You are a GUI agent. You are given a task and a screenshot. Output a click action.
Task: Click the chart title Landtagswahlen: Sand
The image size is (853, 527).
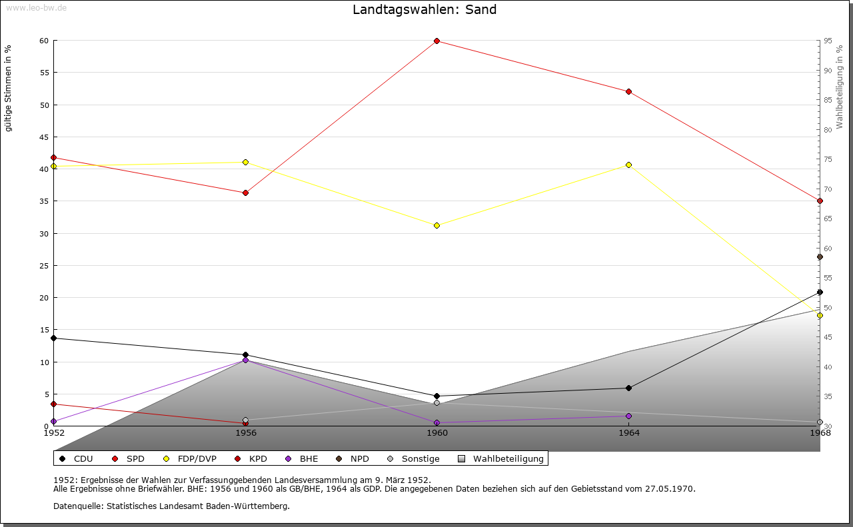tap(425, 9)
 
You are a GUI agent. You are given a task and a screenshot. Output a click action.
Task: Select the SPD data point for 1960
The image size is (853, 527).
tap(436, 41)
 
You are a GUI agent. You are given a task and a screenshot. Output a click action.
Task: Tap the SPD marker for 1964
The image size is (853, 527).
tap(628, 91)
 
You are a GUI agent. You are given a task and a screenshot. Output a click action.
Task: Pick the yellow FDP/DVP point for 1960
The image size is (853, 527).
tap(436, 225)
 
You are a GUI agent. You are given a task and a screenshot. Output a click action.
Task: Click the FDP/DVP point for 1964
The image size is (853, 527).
tap(628, 165)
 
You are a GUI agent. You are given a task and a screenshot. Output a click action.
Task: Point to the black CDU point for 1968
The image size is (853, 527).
tap(820, 292)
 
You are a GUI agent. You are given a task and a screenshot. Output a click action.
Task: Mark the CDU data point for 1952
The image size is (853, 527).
tap(53, 338)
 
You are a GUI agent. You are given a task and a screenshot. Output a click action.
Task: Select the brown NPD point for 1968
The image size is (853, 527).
tap(820, 257)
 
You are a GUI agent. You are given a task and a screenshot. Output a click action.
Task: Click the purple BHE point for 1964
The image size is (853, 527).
tap(628, 416)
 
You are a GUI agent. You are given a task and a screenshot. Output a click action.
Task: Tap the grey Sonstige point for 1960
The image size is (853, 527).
tap(436, 402)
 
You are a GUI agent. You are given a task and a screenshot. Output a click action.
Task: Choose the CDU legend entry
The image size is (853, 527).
tap(77, 459)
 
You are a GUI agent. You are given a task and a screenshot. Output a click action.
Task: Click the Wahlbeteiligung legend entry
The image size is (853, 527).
tap(501, 459)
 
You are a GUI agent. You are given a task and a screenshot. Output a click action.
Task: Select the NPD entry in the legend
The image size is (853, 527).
tap(354, 459)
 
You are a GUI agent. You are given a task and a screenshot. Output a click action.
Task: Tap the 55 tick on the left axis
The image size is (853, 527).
tap(43, 73)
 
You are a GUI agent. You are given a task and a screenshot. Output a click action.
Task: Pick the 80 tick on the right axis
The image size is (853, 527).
tap(827, 130)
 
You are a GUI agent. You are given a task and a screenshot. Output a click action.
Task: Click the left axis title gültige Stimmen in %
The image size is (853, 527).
tap(9, 89)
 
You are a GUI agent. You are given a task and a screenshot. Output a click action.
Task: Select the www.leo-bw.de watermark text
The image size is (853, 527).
tap(36, 7)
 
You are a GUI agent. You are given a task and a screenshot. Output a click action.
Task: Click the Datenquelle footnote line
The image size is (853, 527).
tap(171, 506)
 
